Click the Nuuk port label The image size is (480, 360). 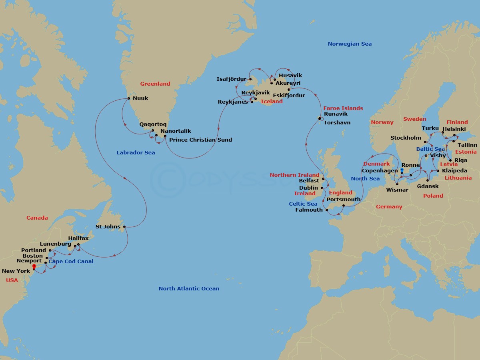(x=140, y=98)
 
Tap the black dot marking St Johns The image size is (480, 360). (x=124, y=227)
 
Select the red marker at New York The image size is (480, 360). (x=34, y=266)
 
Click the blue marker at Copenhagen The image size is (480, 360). (x=402, y=170)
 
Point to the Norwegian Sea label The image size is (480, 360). (x=350, y=44)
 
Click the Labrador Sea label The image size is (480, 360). (x=136, y=153)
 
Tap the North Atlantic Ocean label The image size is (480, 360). (x=189, y=289)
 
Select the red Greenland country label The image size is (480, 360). (x=155, y=84)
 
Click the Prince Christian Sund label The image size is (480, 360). (x=200, y=140)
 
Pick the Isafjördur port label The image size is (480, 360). (x=231, y=79)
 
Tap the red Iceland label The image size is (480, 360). (x=272, y=102)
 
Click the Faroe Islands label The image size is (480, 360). (x=343, y=108)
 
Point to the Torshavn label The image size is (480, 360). (x=337, y=123)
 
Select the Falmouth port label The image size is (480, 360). (x=309, y=210)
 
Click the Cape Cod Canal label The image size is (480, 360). (x=71, y=262)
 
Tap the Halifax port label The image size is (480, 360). (x=78, y=238)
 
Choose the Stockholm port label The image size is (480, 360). (x=406, y=138)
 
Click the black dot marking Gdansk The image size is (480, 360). (x=428, y=180)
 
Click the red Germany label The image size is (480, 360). (x=389, y=207)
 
